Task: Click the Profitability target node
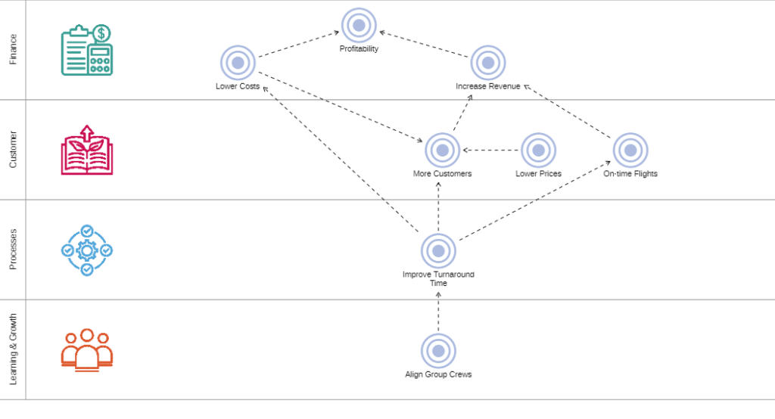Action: click(359, 25)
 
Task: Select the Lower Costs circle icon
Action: click(238, 63)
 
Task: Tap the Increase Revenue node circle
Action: click(488, 63)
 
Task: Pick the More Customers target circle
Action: click(442, 151)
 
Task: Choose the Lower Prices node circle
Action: click(538, 151)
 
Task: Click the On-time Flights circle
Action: click(630, 151)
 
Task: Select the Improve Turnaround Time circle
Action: click(438, 251)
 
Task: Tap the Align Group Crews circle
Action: click(438, 351)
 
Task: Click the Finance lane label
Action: click(14, 49)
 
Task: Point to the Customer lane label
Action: click(14, 149)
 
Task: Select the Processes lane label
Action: click(14, 249)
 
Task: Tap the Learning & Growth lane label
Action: click(14, 349)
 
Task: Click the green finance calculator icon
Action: click(87, 50)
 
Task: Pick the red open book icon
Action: click(87, 150)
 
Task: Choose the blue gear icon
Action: click(87, 250)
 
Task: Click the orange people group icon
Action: click(87, 350)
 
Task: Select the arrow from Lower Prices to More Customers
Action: click(490, 151)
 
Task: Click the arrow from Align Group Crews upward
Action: click(438, 312)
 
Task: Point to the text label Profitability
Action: click(359, 48)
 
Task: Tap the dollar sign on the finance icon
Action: click(101, 33)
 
